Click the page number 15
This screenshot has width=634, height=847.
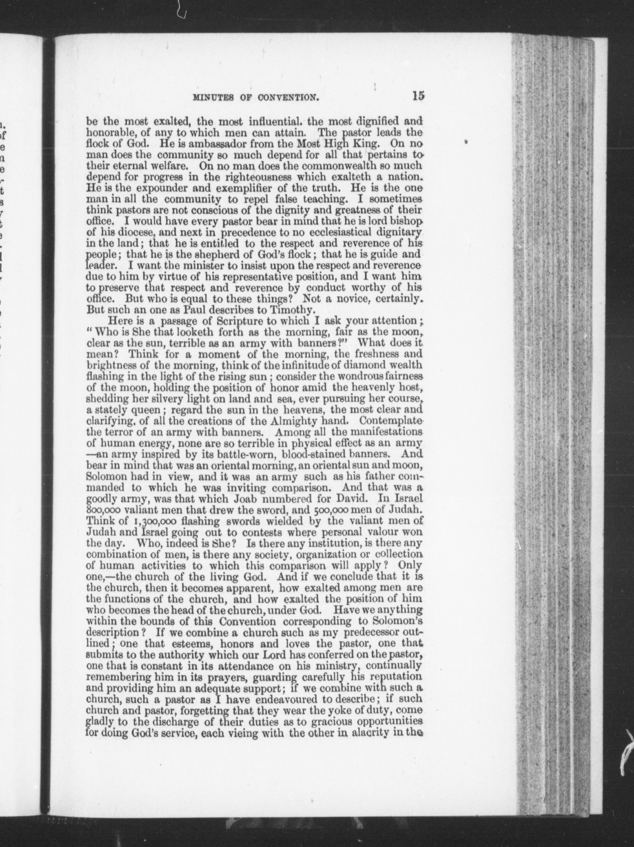tap(418, 96)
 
